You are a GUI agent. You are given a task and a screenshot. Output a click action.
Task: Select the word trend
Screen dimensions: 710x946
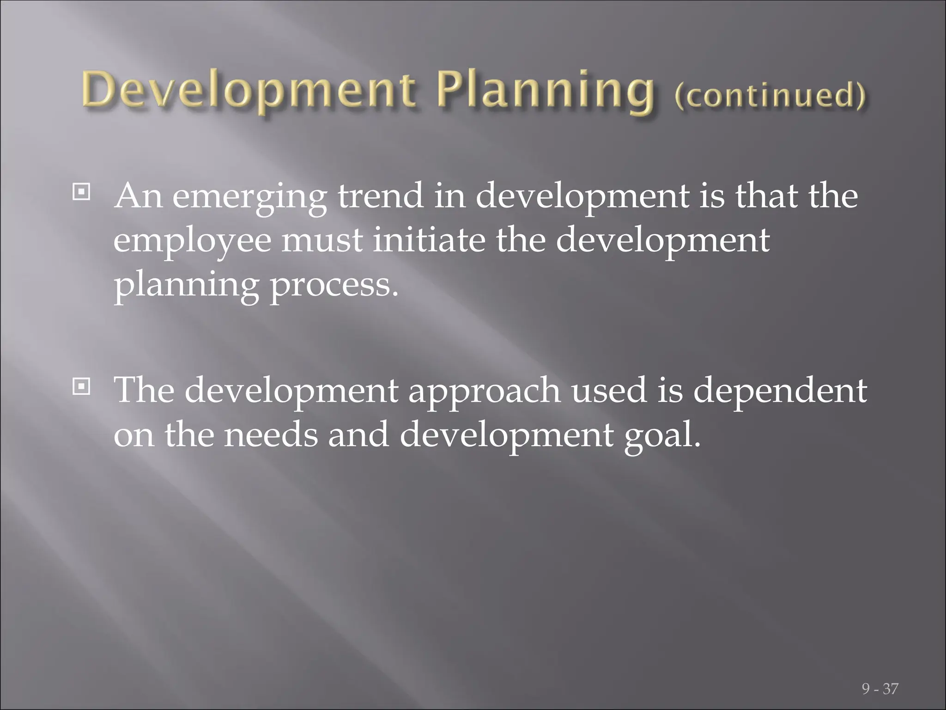pos(380,195)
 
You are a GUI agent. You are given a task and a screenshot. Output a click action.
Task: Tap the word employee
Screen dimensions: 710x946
pos(192,242)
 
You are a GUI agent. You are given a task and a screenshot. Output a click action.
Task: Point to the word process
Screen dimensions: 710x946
pos(334,285)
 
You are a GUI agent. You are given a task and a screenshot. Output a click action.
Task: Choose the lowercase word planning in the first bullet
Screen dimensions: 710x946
pos(186,285)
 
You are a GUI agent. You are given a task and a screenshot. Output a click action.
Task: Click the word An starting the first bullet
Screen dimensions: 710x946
pos(139,195)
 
